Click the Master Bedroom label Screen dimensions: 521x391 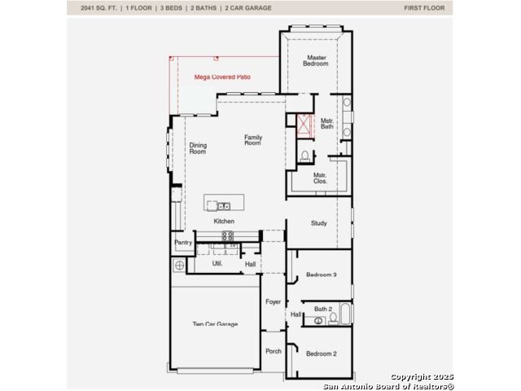point(316,60)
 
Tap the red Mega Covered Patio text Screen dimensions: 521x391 point(222,77)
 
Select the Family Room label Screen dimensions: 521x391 point(253,140)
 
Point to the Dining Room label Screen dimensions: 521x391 point(198,148)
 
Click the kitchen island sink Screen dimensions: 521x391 point(224,206)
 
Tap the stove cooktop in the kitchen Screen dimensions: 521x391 point(228,236)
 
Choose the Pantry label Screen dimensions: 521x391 point(183,243)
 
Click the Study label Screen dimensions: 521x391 point(319,223)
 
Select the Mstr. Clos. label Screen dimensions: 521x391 point(320,178)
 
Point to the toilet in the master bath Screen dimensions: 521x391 point(304,156)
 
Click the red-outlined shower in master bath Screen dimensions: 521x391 point(304,126)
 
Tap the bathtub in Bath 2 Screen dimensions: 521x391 point(345,314)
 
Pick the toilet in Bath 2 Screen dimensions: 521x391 point(333,319)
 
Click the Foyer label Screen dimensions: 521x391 point(274,302)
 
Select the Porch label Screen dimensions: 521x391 point(274,351)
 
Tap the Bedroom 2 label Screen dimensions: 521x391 point(322,354)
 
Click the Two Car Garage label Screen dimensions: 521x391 point(215,324)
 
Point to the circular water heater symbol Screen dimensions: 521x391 point(179,266)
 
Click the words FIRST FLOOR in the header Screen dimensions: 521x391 point(424,8)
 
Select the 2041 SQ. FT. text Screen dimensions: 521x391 point(99,8)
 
